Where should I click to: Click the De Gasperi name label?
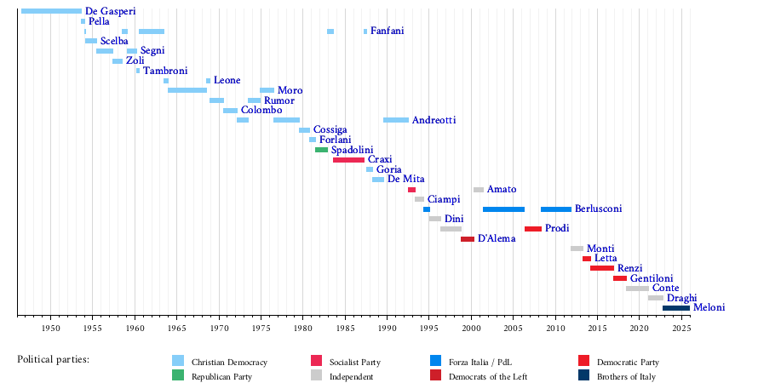pyautogui.click(x=111, y=11)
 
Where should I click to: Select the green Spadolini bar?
pyautogui.click(x=321, y=150)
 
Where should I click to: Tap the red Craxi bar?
pyautogui.click(x=348, y=160)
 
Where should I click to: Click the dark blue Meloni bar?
pyautogui.click(x=676, y=308)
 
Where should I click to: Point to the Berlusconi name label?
pyautogui.click(x=598, y=209)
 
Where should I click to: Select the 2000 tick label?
pyautogui.click(x=471, y=328)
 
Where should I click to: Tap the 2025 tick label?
pyautogui.click(x=681, y=328)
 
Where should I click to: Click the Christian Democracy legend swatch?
pyautogui.click(x=178, y=361)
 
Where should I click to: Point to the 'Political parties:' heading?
pyautogui.click(x=53, y=359)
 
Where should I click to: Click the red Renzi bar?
pyautogui.click(x=601, y=268)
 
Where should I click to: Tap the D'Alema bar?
pyautogui.click(x=468, y=239)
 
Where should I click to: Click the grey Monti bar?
pyautogui.click(x=577, y=249)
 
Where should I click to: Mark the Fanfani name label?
pyautogui.click(x=388, y=31)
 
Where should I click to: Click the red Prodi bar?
pyautogui.click(x=532, y=229)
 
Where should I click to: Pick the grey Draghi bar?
pyautogui.click(x=655, y=298)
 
